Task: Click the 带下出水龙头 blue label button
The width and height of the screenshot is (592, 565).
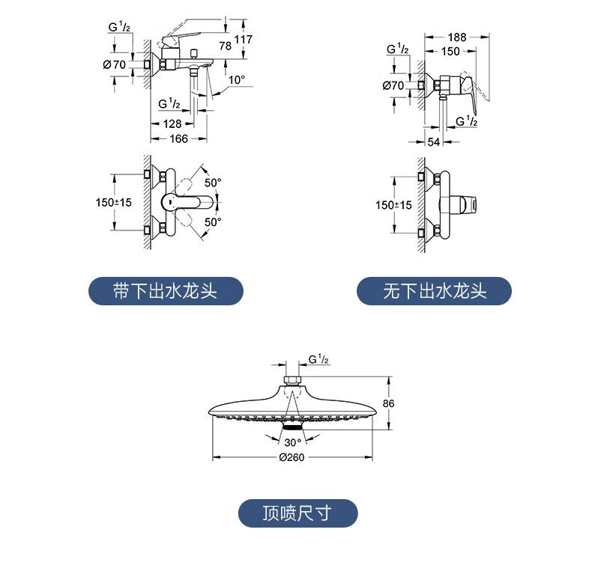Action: (166, 291)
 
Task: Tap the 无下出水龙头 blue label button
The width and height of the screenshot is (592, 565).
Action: (434, 291)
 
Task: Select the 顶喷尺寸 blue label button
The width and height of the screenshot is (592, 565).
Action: (298, 513)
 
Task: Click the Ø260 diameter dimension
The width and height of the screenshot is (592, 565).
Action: (292, 457)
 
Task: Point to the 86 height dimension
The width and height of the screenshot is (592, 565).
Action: (388, 403)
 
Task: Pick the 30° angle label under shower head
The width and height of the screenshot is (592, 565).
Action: (293, 442)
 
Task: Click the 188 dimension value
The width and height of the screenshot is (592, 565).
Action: (457, 37)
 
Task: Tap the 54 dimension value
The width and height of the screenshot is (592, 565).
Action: (433, 141)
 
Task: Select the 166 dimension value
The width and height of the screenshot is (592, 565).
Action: (178, 138)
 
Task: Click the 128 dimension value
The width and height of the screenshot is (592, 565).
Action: (172, 123)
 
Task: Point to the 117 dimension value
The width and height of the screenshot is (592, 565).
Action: (243, 39)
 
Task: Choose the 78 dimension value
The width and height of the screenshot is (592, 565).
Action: (225, 46)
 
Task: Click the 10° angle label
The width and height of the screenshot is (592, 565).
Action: (237, 80)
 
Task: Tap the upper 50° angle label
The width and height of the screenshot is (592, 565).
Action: (213, 183)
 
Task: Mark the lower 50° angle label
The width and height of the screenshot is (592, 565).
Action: (213, 222)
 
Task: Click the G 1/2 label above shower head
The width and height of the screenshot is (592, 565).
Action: (318, 358)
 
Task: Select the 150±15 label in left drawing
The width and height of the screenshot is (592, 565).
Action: (114, 202)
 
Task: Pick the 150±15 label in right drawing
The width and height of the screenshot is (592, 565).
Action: (393, 205)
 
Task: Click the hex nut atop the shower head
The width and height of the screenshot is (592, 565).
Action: (292, 380)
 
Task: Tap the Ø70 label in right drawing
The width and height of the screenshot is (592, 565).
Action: (393, 85)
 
